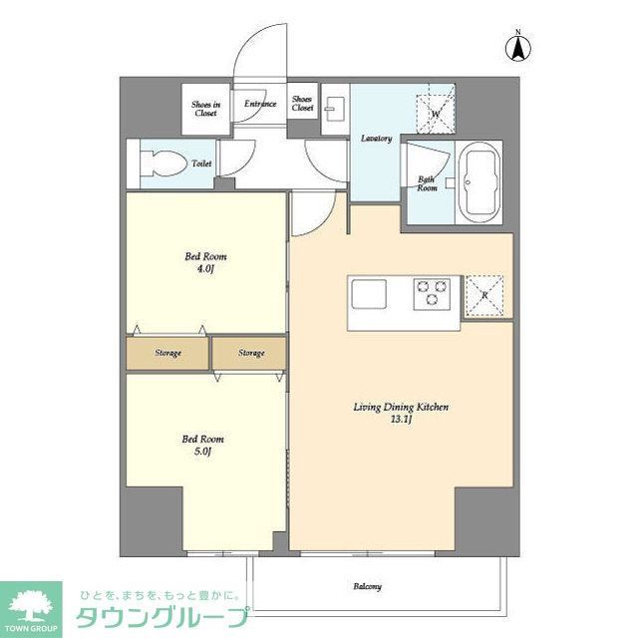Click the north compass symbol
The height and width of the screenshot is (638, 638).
coord(518,45)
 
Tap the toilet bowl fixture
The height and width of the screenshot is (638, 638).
coord(162,162)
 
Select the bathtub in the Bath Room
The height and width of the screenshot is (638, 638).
coord(482,185)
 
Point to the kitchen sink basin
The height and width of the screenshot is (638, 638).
coord(368,293)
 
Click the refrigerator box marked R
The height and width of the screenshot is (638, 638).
coord(484,295)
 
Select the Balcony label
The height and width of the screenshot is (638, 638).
coord(366,586)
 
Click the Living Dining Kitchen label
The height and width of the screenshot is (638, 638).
coord(402,407)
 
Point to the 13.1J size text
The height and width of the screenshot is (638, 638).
coord(402,421)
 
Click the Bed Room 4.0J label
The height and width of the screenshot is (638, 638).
coord(205,262)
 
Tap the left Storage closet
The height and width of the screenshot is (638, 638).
coord(166,353)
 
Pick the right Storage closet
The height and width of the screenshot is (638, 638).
coord(250,353)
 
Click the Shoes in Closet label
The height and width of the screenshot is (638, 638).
coord(205,108)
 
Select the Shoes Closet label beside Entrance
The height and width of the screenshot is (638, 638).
coord(302,103)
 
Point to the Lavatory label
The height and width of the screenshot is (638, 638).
coord(376,139)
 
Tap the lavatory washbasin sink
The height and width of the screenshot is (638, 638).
coord(335,108)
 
